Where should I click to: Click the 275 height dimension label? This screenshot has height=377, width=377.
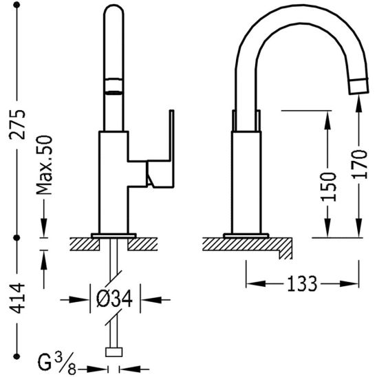click(x=17, y=125)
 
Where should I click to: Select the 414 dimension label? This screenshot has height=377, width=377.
click(x=17, y=299)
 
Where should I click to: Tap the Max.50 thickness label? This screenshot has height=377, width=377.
click(x=44, y=165)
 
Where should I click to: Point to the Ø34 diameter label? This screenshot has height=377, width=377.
click(x=114, y=299)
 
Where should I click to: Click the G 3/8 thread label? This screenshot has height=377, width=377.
click(x=56, y=364)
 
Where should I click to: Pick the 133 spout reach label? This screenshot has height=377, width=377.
click(x=302, y=283)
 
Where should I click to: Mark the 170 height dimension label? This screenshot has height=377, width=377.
click(x=360, y=164)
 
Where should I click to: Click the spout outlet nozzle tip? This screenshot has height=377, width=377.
click(x=359, y=86)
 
